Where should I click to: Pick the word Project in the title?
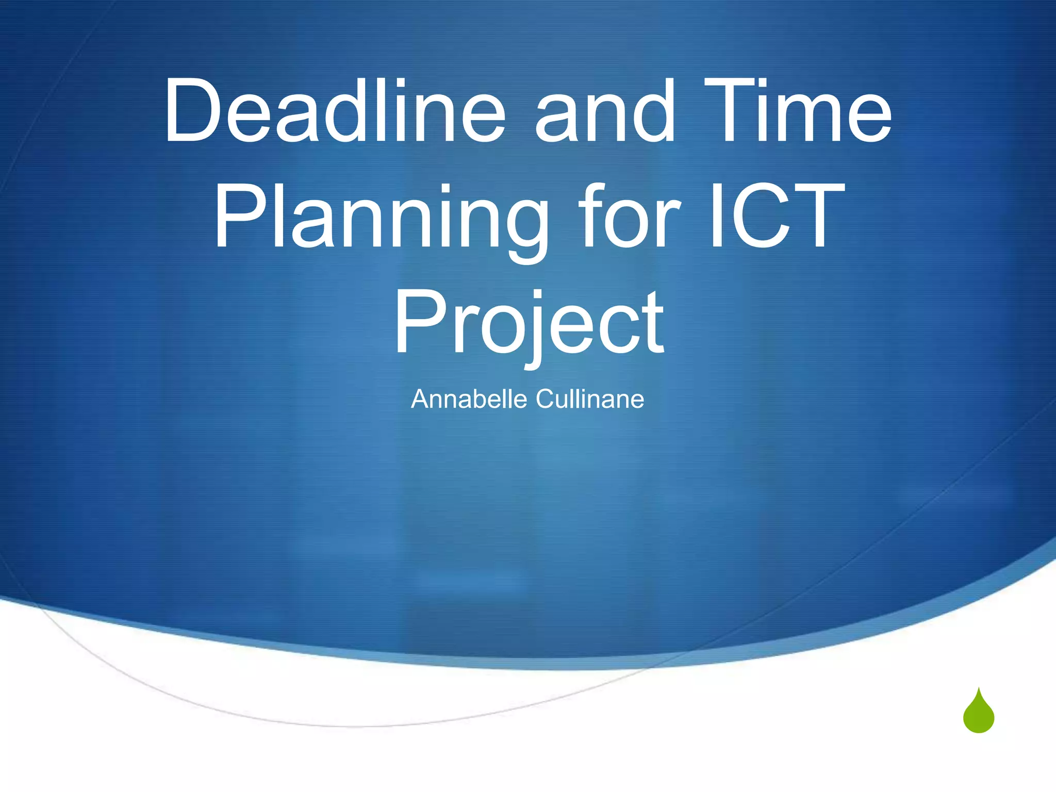[529, 322]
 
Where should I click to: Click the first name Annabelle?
[469, 399]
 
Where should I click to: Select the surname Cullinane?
[590, 399]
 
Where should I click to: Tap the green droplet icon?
[978, 713]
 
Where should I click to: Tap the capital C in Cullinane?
[546, 399]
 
